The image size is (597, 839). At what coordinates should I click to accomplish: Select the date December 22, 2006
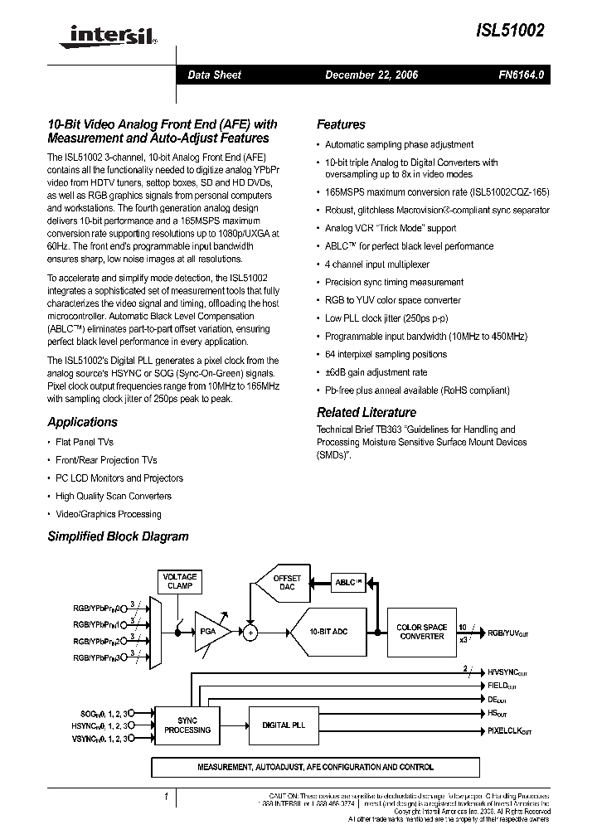point(371,75)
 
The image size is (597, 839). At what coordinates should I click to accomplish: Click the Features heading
point(341,124)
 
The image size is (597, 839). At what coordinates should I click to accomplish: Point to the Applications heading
point(82,422)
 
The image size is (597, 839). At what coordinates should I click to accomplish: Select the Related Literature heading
point(366,412)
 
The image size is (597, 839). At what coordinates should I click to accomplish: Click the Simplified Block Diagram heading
point(118,536)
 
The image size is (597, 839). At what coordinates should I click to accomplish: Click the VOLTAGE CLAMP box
point(179,581)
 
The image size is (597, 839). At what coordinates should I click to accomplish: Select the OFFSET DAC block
point(287,583)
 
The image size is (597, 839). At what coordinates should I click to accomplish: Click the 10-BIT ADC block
point(328,632)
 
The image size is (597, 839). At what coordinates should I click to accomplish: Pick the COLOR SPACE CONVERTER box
point(421,632)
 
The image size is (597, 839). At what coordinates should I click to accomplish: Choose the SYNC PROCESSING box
point(187,725)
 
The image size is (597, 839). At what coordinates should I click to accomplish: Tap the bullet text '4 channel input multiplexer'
point(376,264)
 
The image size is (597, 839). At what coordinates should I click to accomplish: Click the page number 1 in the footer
point(166,798)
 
